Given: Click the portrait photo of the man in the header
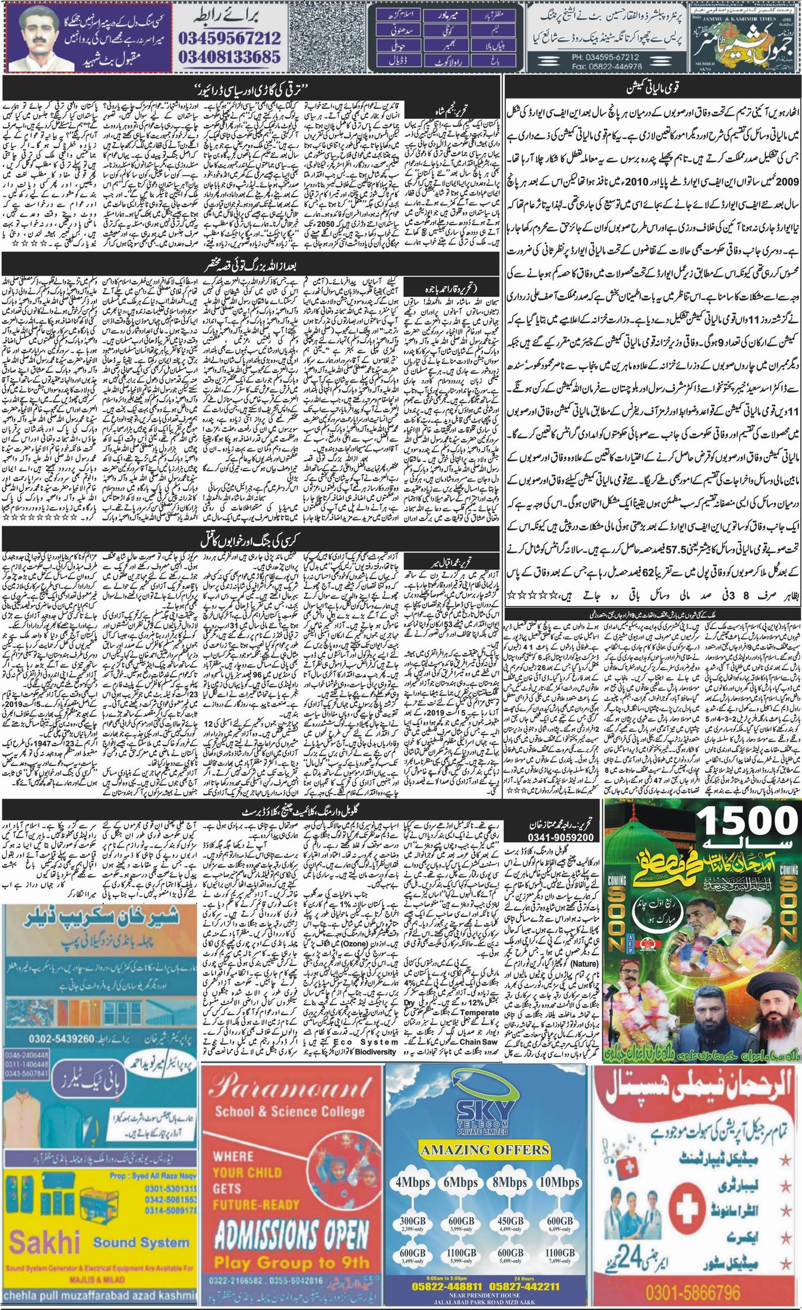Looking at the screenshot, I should (40, 36).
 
